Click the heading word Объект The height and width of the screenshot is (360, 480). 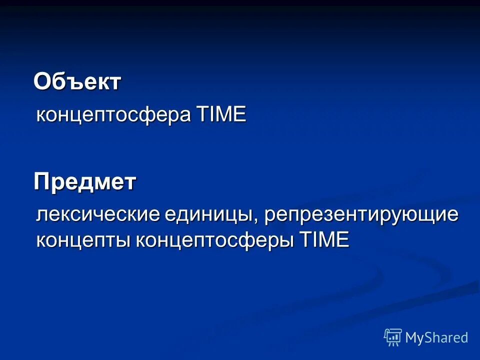[77, 81]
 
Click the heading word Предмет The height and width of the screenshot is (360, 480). [85, 182]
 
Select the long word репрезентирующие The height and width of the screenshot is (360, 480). [361, 215]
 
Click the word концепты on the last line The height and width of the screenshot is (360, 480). [83, 240]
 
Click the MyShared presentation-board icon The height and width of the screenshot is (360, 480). [393, 337]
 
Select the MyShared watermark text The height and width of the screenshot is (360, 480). [436, 338]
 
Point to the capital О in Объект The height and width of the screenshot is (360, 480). [42, 81]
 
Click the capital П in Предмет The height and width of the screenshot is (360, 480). [41, 182]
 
